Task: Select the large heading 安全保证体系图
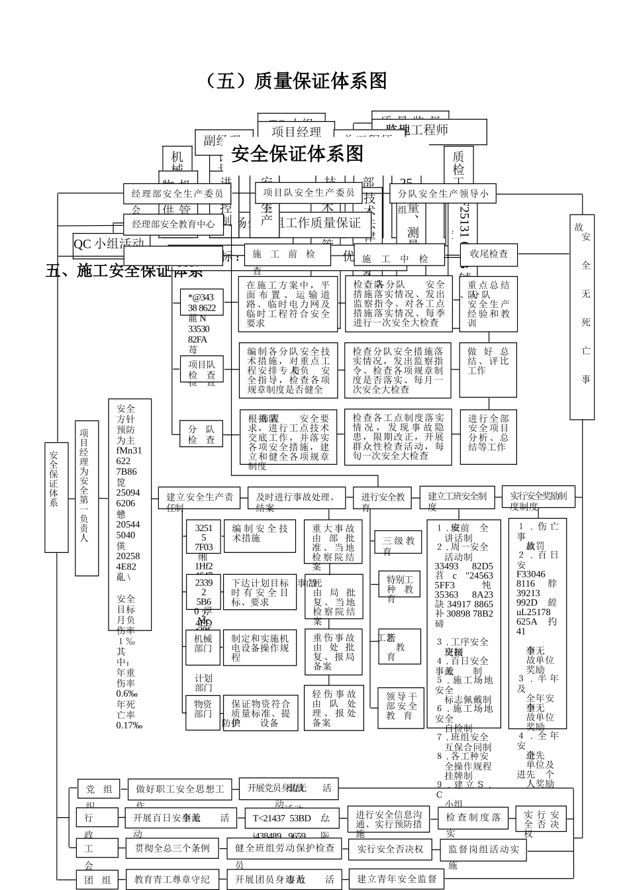click(x=298, y=154)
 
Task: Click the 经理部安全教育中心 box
click(x=173, y=224)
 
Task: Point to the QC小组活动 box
click(x=109, y=244)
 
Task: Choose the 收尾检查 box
click(x=489, y=254)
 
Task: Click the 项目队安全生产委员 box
click(x=309, y=193)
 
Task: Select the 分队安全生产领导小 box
click(x=443, y=194)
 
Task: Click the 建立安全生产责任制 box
click(x=199, y=497)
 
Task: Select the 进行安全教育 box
click(x=383, y=497)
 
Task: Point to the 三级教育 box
click(x=397, y=541)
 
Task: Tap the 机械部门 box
click(x=203, y=643)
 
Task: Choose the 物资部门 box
click(x=203, y=709)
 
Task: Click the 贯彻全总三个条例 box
click(x=173, y=848)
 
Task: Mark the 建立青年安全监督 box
click(x=397, y=879)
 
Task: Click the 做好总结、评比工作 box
click(x=488, y=361)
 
